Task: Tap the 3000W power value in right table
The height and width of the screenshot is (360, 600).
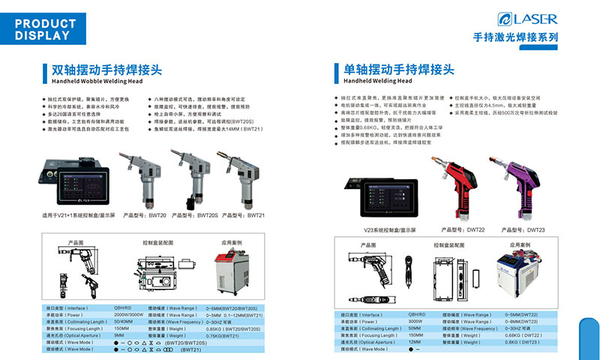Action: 416,321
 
